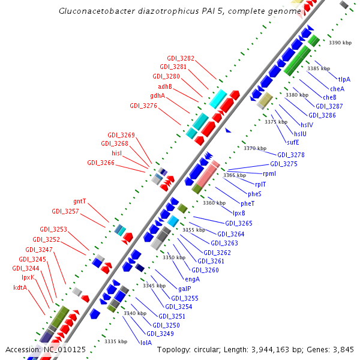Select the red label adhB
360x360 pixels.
[164, 86]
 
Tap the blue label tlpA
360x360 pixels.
[344, 79]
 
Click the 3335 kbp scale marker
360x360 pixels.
[116, 341]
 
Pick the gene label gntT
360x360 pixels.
[80, 202]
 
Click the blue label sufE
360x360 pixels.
[293, 142]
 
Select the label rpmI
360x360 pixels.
[269, 173]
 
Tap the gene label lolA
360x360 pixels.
[146, 343]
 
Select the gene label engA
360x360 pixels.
[193, 279]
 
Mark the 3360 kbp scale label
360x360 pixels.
[214, 203]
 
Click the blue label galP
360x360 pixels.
[185, 289]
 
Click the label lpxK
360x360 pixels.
[28, 278]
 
